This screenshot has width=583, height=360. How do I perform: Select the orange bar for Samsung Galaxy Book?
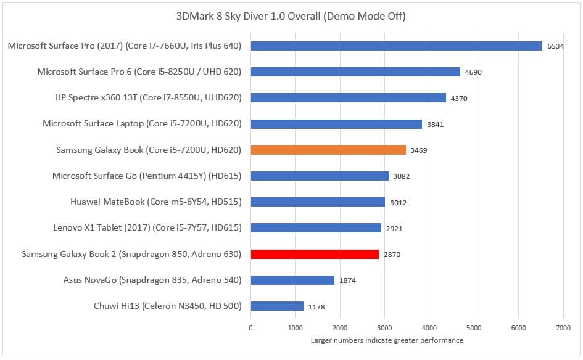tap(328, 150)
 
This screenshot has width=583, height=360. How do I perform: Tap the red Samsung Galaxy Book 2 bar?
tap(315, 254)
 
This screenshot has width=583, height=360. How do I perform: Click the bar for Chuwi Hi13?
tap(277, 306)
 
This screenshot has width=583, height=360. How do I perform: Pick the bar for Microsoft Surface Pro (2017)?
tap(396, 46)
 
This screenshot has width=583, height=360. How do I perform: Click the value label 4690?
tap(474, 72)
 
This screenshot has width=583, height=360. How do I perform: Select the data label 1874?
tap(348, 280)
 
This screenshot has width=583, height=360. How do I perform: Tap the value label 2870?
tap(392, 255)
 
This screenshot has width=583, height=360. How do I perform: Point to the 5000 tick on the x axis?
tap(473, 329)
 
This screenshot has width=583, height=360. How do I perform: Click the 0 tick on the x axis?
tap(250, 329)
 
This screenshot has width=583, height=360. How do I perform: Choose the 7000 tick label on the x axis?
tap(563, 329)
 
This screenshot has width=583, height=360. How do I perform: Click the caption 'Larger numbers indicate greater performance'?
tap(387, 340)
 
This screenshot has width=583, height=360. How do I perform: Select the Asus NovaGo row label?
tap(152, 280)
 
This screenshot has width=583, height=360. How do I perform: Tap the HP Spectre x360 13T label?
tap(148, 97)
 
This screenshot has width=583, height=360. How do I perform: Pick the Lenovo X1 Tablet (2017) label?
tap(147, 228)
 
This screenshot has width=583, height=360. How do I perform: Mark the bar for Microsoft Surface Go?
tap(320, 176)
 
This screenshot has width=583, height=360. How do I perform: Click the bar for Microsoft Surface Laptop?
tap(336, 124)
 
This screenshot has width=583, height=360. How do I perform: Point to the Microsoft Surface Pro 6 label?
tap(139, 72)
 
